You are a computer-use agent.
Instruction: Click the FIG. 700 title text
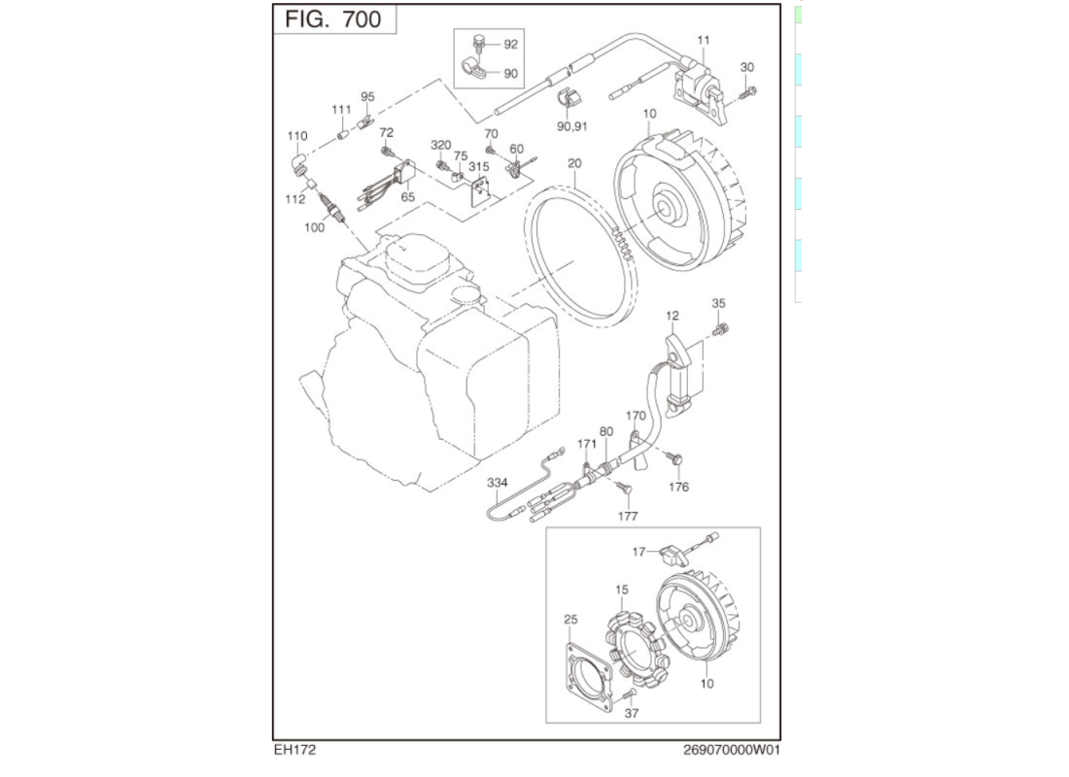click(333, 19)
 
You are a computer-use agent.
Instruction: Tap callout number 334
click(498, 483)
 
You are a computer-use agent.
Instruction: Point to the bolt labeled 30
click(749, 93)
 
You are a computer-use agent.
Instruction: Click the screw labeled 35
click(720, 331)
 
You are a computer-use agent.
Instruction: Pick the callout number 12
click(672, 316)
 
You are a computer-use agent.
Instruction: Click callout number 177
click(628, 517)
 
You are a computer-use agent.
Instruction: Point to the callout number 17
click(638, 552)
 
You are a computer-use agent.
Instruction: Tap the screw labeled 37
click(629, 695)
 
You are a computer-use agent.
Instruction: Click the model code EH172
click(295, 750)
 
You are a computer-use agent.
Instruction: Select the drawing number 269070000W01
click(732, 750)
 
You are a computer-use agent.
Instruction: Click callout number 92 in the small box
click(510, 45)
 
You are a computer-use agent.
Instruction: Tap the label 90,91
click(571, 125)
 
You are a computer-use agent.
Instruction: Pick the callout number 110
click(297, 136)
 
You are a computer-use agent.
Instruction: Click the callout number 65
click(407, 196)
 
